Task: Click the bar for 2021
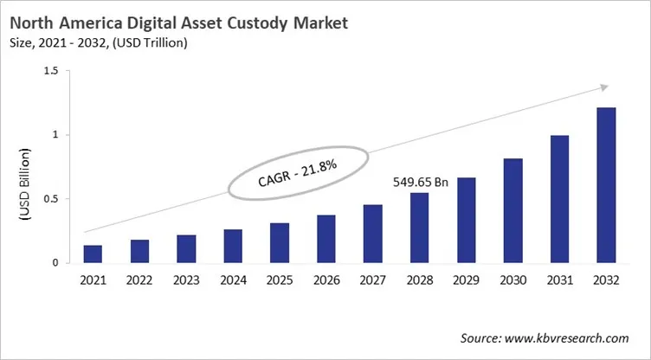tap(93, 254)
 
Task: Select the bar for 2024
tap(233, 246)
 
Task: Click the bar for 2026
tap(326, 239)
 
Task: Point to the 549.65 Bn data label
tap(418, 183)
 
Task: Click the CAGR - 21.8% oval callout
tap(293, 172)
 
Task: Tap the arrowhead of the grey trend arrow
tap(605, 87)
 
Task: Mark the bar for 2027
tap(372, 234)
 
